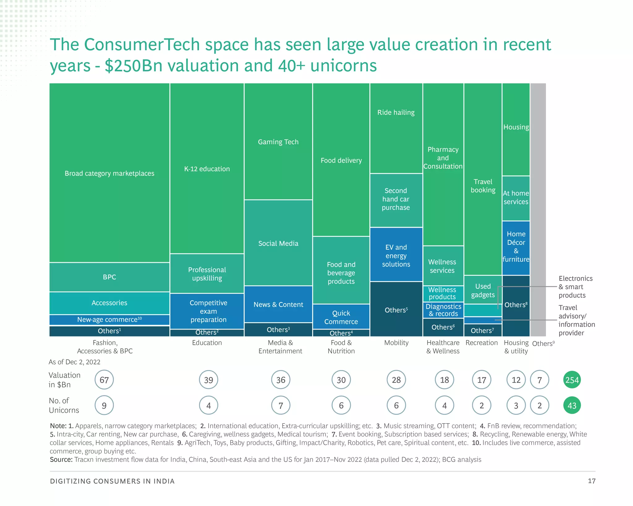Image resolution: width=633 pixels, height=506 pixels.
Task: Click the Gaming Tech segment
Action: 278,142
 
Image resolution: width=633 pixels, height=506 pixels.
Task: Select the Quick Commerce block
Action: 341,317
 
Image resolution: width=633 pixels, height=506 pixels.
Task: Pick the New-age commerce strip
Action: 109,320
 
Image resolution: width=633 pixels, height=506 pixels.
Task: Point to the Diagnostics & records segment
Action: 443,310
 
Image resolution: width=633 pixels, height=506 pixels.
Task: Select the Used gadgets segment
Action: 482,290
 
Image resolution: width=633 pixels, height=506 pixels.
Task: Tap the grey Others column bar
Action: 538,210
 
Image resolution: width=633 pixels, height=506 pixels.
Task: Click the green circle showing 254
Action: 572,380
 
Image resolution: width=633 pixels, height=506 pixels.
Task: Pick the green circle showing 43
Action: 572,405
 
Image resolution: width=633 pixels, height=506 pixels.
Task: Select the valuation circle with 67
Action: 104,380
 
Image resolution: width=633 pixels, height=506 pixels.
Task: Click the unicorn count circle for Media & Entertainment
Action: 281,405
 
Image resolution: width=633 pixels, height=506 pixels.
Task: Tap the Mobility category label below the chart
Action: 396,343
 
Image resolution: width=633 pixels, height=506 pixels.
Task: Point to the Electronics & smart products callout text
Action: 575,287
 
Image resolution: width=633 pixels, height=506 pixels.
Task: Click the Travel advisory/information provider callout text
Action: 576,320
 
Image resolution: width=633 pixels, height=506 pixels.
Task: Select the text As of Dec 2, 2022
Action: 74,362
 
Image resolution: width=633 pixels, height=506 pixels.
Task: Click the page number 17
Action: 591,481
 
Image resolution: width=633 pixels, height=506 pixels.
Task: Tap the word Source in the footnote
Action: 61,460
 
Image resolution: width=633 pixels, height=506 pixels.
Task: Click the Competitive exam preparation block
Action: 208,311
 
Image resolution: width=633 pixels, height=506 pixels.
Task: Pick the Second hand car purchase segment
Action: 396,199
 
